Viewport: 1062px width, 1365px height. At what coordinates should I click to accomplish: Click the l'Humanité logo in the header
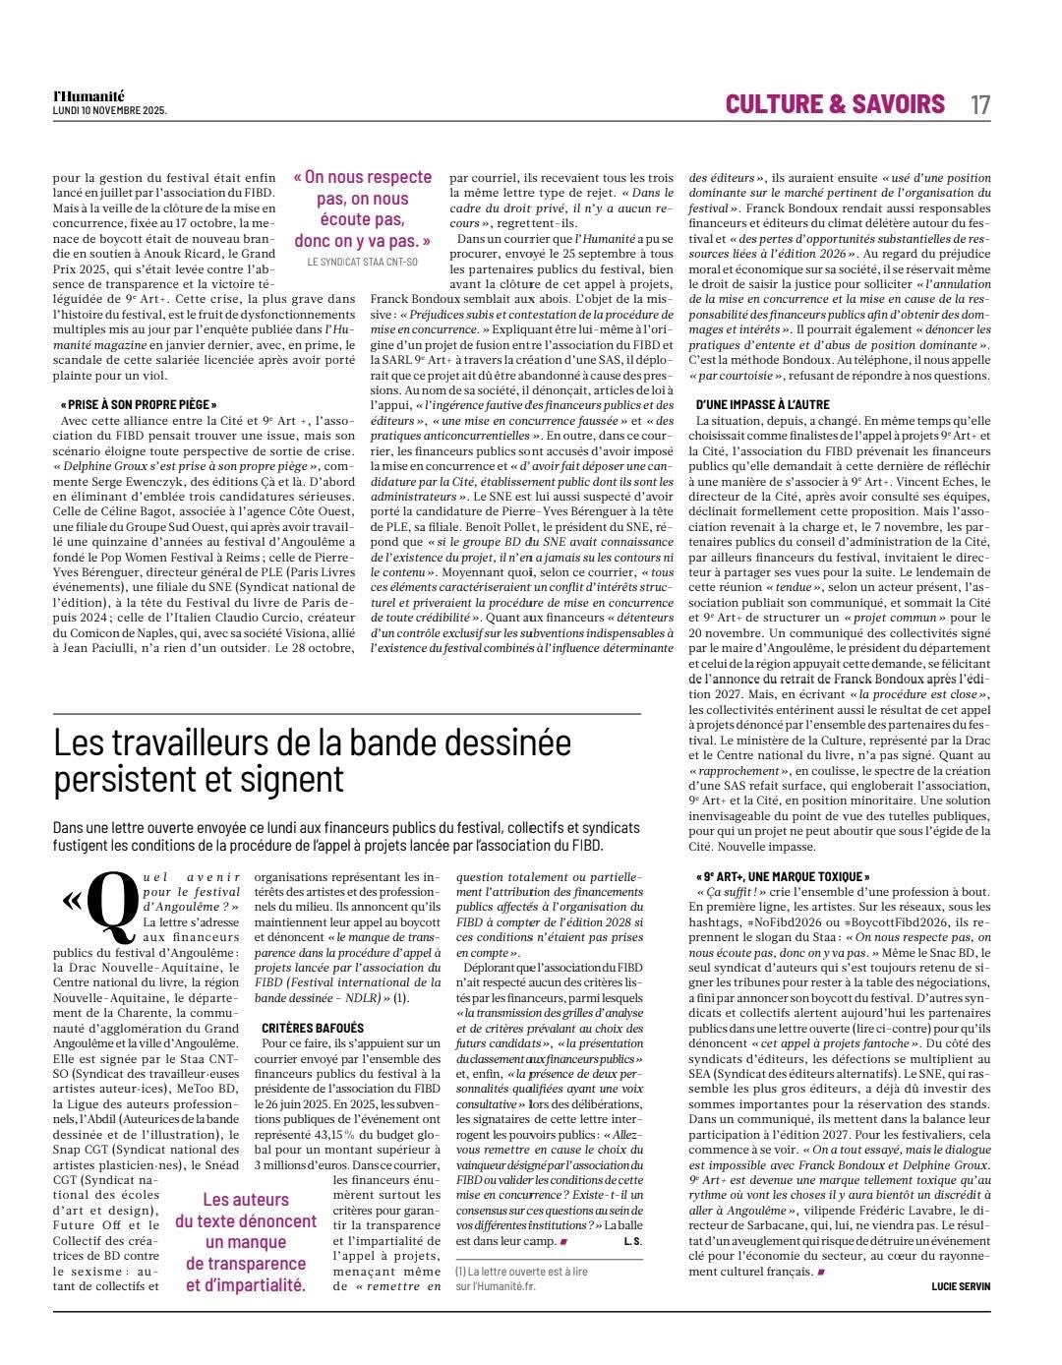88,96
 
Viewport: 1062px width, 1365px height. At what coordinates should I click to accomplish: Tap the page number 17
979,104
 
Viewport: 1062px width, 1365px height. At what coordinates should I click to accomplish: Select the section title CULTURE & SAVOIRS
835,104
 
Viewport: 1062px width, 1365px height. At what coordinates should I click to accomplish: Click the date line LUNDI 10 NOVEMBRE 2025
109,110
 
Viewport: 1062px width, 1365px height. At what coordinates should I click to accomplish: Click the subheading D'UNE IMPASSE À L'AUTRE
762,404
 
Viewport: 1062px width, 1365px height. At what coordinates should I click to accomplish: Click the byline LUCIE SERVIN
961,1286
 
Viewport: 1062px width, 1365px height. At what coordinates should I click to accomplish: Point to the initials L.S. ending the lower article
632,1241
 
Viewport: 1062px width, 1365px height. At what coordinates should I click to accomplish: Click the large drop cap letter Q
112,902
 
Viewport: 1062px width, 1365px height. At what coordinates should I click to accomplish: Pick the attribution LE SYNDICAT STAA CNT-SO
363,263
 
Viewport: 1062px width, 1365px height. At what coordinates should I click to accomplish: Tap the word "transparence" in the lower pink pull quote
246,1264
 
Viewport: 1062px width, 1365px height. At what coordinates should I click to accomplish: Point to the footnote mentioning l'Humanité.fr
521,1278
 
